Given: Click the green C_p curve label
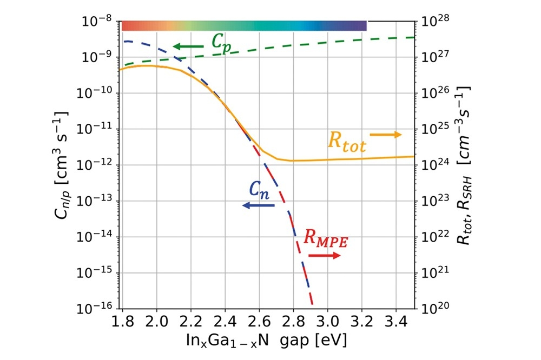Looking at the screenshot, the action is (221, 44).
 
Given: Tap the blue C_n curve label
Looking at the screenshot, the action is (259, 190).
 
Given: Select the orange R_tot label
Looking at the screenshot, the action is (347, 142).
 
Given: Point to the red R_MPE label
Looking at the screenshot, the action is (326, 238).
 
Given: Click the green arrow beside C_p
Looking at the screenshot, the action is (188, 46).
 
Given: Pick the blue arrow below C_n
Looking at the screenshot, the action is (259, 205).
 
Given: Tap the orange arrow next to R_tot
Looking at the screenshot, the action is (386, 135).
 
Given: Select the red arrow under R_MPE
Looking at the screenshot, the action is (324, 256).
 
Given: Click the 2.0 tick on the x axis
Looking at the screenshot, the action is (157, 322).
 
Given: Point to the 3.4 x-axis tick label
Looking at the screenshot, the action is (396, 322).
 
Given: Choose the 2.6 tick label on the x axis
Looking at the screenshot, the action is (259, 322).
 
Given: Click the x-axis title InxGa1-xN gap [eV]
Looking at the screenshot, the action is (266, 341).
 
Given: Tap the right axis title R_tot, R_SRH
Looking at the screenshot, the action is (464, 165).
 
